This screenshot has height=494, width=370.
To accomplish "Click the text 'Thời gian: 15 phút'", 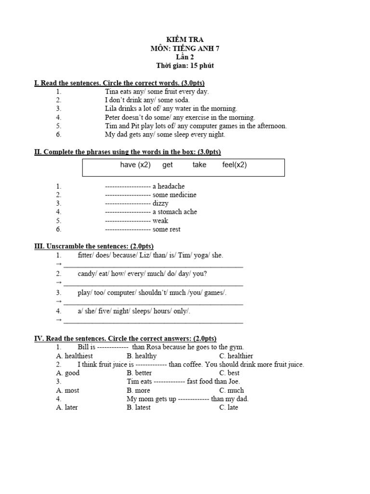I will tap(185, 66).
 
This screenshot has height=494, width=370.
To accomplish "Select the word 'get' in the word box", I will tap(167, 165).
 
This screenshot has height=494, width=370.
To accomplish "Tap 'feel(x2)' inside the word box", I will tap(234, 165).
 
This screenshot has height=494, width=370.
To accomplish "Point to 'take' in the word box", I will tap(199, 165).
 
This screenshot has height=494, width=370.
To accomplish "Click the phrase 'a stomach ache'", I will tap(174, 212).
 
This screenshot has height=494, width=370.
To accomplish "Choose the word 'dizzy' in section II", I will tap(160, 203).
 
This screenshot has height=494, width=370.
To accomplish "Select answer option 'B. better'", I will tap(139, 373).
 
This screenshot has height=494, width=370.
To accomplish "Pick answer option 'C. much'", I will tap(231, 390).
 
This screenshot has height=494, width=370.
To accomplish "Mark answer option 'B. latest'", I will tap(139, 408).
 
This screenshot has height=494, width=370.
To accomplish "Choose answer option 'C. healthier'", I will tap(236, 356).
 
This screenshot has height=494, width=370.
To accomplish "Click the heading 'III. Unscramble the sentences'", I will tap(94, 247).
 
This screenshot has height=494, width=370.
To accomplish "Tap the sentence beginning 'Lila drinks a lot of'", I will tap(171, 109).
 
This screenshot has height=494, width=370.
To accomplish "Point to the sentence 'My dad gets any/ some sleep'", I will tap(165, 135).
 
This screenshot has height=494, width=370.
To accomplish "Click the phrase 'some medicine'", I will tap(174, 195).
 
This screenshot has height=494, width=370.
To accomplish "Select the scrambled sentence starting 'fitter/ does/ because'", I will tap(150, 255).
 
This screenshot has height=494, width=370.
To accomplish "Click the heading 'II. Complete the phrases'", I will tap(128, 152).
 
